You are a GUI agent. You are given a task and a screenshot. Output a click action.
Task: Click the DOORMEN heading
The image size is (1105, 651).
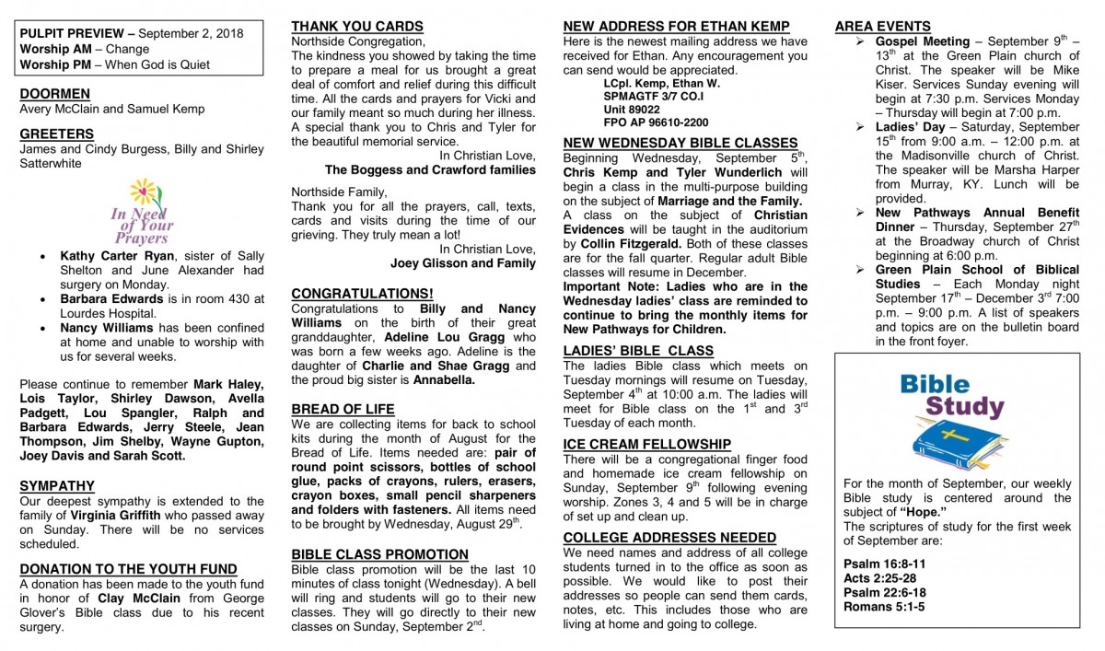click(x=54, y=94)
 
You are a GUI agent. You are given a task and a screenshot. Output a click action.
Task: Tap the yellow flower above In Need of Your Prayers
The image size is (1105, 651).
click(x=144, y=192)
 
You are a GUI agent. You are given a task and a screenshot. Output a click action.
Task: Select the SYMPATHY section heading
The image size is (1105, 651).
click(x=57, y=486)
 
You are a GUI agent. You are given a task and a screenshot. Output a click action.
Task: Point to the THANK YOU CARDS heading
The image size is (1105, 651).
click(x=357, y=27)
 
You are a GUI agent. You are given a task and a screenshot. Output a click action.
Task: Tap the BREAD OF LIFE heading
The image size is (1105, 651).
click(x=343, y=409)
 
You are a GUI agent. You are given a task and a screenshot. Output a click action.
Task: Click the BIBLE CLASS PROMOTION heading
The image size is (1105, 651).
click(x=379, y=554)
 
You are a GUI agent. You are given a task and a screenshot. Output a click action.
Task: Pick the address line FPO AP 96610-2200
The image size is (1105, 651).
click(x=656, y=122)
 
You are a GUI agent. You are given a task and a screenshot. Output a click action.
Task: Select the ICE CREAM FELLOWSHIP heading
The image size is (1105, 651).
click(x=646, y=445)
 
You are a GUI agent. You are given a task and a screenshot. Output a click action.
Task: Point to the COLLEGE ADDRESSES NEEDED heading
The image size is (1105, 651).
click(x=669, y=538)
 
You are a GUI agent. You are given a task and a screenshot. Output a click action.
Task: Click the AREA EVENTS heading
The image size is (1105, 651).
click(x=882, y=27)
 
